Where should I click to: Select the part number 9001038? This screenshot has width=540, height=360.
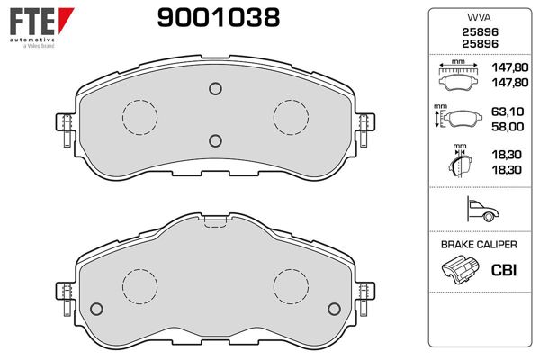218,17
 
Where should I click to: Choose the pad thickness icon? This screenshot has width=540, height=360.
459,163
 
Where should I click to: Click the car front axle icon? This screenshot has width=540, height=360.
478,211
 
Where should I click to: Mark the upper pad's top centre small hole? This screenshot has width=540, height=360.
214,88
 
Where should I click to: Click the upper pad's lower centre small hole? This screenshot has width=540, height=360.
214,139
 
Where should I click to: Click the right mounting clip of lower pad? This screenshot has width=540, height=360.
364,296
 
